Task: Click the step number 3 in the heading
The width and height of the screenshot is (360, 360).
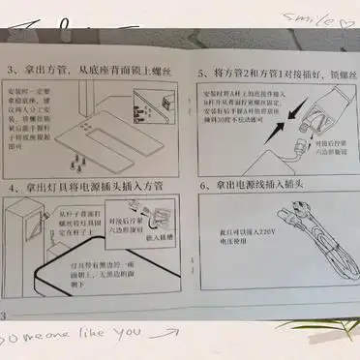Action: click(x=13, y=72)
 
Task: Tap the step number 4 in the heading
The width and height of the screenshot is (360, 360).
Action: click(x=13, y=186)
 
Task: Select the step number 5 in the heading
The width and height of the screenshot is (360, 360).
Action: click(x=200, y=73)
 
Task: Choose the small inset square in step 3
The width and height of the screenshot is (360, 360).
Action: click(x=168, y=102)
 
